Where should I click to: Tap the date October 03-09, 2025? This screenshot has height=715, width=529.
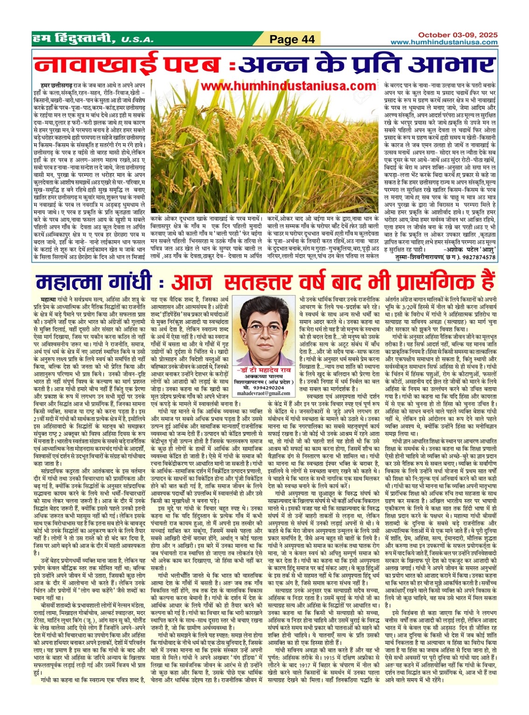click(457, 35)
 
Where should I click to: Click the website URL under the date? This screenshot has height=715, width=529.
click(444, 42)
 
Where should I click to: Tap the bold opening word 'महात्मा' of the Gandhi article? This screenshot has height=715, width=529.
click(48, 298)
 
